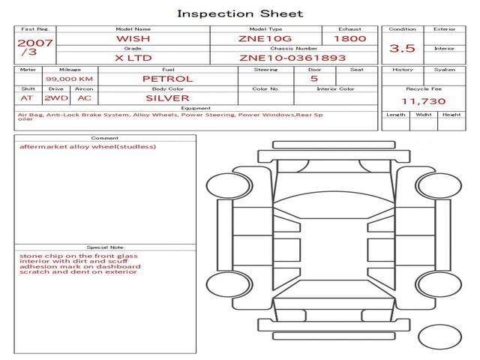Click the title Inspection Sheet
[x=240, y=13]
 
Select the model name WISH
[x=133, y=39]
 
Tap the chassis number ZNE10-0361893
[x=292, y=58]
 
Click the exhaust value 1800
[x=350, y=38]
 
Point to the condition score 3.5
[x=402, y=48]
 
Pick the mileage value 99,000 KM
[x=70, y=79]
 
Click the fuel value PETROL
[x=168, y=79]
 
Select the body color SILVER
[x=167, y=98]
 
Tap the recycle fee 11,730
[x=424, y=101]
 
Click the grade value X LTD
[x=133, y=58]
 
